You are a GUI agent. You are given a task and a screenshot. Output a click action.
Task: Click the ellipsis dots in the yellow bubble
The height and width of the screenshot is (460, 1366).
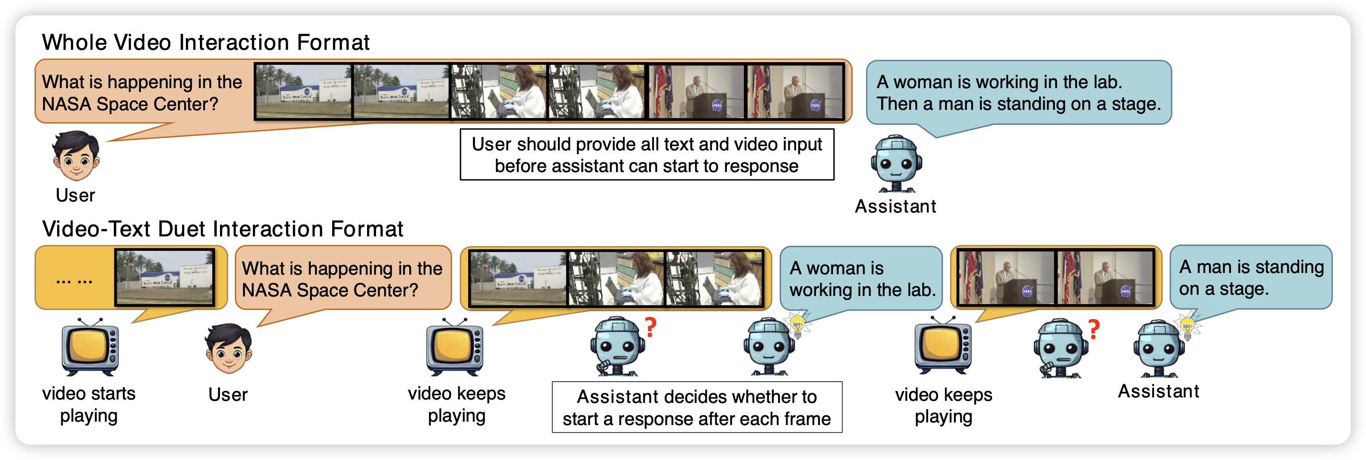(74, 279)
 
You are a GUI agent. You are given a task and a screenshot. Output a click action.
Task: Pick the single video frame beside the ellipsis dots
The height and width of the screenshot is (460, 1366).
(165, 277)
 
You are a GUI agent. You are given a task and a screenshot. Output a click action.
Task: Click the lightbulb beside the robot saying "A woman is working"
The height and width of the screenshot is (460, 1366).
(797, 324)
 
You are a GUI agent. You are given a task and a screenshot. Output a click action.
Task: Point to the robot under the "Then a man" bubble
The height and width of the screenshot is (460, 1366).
(896, 163)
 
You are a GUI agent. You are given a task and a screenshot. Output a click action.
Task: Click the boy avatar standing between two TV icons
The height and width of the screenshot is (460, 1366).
(229, 349)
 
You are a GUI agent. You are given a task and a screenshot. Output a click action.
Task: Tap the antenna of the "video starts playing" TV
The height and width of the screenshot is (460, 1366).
(90, 322)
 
